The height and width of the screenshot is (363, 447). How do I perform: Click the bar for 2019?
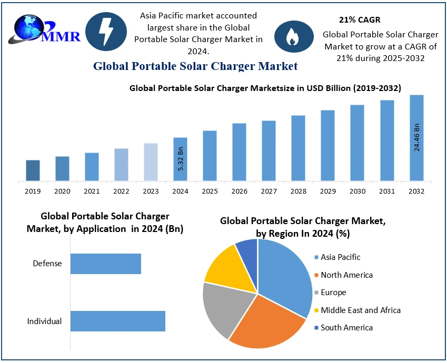coord(33,170)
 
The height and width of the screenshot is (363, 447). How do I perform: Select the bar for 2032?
coord(416,138)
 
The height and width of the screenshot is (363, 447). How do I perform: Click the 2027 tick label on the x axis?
coord(269,191)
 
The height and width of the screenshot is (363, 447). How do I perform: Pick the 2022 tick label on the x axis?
coord(121,191)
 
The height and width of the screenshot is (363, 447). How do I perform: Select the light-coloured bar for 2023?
coord(151,162)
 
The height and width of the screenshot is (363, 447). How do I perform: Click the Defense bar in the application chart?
coord(106,264)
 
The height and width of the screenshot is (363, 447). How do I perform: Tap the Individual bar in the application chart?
coord(118,321)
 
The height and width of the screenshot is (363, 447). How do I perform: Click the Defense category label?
coord(47,264)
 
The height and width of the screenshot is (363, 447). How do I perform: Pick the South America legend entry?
coord(346,327)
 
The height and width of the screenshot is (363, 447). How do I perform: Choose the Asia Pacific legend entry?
coord(341,257)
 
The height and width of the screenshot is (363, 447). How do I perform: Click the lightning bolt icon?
coord(106,32)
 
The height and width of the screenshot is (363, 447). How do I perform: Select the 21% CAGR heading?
coord(360,20)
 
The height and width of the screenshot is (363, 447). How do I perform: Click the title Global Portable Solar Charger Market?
coord(195,66)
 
